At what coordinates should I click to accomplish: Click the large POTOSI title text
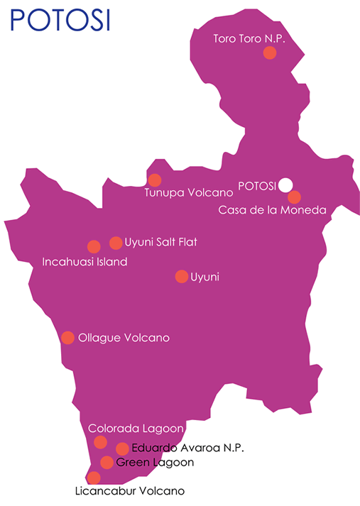(x=60, y=20)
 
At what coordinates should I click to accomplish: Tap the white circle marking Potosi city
(x=285, y=185)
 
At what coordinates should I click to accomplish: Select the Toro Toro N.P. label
(x=249, y=38)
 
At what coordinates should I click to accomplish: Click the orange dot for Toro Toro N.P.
(x=270, y=53)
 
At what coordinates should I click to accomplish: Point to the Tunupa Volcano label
(x=189, y=192)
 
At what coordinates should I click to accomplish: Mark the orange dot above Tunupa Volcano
(x=154, y=180)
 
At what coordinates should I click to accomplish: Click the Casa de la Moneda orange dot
(x=294, y=197)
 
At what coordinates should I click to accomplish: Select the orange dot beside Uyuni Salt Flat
(x=116, y=243)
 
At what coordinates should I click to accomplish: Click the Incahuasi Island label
(x=84, y=262)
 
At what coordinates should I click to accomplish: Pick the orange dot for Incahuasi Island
(x=93, y=247)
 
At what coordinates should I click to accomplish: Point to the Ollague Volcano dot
(x=68, y=338)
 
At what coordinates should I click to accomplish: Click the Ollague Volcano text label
(x=124, y=338)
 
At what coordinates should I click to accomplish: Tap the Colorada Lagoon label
(x=136, y=429)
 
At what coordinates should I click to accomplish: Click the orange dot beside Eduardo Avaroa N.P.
(x=122, y=449)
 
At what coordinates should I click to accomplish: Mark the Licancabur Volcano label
(x=129, y=490)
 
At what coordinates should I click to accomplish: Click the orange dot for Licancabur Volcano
(x=94, y=478)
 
